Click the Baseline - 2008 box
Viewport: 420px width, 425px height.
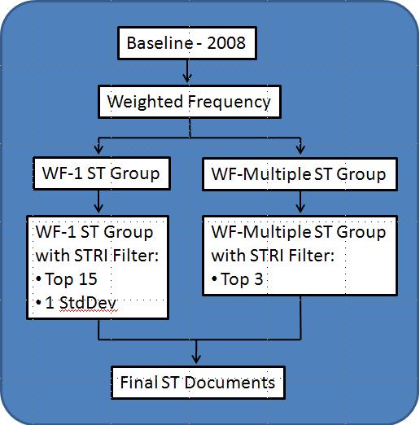(x=187, y=43)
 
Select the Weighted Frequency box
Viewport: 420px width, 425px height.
(x=190, y=102)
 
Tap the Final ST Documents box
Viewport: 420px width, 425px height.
(x=198, y=383)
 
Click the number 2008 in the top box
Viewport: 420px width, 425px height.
(x=226, y=43)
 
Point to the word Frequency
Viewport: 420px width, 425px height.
(x=230, y=103)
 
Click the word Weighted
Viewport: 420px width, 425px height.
(x=145, y=103)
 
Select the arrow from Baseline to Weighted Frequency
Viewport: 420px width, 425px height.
(x=187, y=71)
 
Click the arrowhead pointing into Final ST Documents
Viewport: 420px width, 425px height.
(x=196, y=359)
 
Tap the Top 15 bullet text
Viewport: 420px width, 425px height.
(x=67, y=279)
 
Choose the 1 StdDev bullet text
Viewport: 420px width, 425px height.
(x=77, y=303)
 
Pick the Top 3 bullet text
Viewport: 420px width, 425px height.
(x=238, y=279)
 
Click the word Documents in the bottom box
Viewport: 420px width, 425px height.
(x=230, y=383)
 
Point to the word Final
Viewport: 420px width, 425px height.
(x=138, y=383)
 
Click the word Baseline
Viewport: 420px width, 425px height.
(x=160, y=43)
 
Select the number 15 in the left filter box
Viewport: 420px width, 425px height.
(x=88, y=279)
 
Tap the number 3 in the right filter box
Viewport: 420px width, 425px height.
(x=259, y=279)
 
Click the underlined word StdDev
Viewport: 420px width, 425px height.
(x=88, y=303)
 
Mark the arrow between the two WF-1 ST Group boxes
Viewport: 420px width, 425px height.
(x=98, y=201)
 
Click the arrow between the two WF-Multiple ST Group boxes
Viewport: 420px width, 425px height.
(x=300, y=202)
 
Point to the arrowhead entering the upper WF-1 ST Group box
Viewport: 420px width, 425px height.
(x=98, y=150)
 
